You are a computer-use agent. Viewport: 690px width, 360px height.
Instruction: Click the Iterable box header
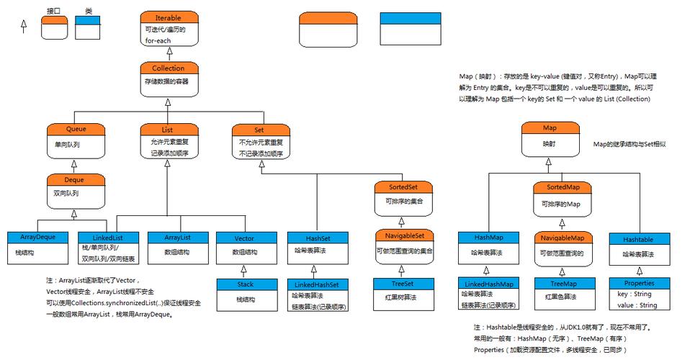tap(168, 17)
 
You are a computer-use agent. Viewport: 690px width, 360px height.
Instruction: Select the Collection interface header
tap(168, 68)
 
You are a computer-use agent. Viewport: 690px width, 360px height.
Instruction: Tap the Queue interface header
tap(76, 130)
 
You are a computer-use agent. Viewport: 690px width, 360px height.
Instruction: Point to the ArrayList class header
tap(177, 237)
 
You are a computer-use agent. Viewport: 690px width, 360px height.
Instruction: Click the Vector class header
tap(245, 237)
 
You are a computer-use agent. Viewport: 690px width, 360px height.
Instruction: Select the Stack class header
tap(245, 284)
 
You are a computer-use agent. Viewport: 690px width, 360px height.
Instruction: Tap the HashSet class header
tap(318, 237)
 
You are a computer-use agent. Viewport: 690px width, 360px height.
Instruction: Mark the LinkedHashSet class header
tap(318, 284)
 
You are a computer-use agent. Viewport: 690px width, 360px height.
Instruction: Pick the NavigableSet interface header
tap(403, 235)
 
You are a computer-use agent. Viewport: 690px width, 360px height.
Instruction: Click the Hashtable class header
tap(638, 237)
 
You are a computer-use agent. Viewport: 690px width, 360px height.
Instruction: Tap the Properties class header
tap(639, 284)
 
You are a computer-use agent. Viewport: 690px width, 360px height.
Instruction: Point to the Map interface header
tap(550, 128)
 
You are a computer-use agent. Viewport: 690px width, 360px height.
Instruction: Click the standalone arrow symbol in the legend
tap(23, 26)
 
